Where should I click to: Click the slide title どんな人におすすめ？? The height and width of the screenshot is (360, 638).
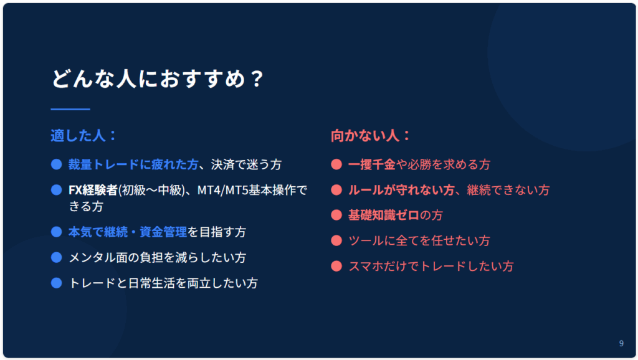pyautogui.click(x=158, y=78)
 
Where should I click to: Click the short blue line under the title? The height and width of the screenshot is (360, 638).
pyautogui.click(x=70, y=109)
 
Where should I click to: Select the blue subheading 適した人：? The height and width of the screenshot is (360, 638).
pyautogui.click(x=84, y=135)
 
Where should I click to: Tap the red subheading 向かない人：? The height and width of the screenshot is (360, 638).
pyautogui.click(x=371, y=135)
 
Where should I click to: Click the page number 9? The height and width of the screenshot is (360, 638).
pyautogui.click(x=621, y=343)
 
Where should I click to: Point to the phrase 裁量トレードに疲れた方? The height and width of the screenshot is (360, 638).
pyautogui.click(x=133, y=164)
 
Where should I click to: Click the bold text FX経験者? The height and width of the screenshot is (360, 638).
pyautogui.click(x=93, y=190)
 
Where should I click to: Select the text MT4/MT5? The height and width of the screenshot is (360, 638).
pyautogui.click(x=222, y=190)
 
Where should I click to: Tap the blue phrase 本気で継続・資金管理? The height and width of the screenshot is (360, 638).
pyautogui.click(x=127, y=232)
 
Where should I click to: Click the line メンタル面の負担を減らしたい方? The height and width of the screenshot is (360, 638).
pyautogui.click(x=157, y=257)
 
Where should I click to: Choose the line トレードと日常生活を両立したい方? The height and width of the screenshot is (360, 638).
pyautogui.click(x=163, y=283)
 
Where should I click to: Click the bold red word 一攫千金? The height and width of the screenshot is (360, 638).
pyautogui.click(x=372, y=164)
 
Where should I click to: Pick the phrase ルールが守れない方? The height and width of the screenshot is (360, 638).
pyautogui.click(x=401, y=190)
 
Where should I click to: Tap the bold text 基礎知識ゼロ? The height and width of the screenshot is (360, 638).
pyautogui.click(x=384, y=215)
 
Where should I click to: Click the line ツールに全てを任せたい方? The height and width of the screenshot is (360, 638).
pyautogui.click(x=419, y=240)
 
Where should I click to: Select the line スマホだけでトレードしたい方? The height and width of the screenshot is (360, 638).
pyautogui.click(x=431, y=266)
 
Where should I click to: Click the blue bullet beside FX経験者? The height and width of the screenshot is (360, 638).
pyautogui.click(x=57, y=190)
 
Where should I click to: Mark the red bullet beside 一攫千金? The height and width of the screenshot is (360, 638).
pyautogui.click(x=336, y=164)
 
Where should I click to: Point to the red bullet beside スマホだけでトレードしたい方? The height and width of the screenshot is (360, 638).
pyautogui.click(x=336, y=266)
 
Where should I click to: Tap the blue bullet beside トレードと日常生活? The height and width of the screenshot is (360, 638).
pyautogui.click(x=57, y=283)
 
